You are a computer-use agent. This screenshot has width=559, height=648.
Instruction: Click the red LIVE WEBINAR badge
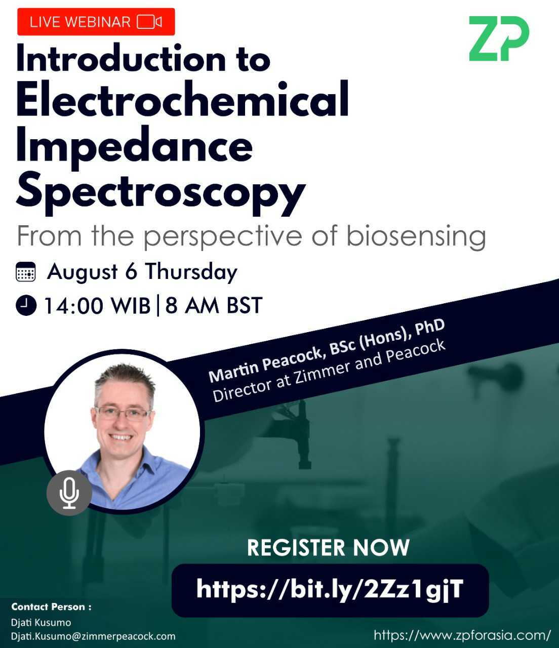click(x=96, y=22)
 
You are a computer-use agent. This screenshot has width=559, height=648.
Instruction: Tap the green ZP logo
click(x=498, y=38)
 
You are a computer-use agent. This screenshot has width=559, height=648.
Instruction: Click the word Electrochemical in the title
click(x=182, y=99)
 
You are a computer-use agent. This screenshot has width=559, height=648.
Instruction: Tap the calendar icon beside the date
click(x=26, y=272)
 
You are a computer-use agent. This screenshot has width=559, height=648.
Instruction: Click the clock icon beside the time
click(x=26, y=305)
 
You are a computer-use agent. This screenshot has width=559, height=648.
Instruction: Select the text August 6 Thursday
click(x=142, y=272)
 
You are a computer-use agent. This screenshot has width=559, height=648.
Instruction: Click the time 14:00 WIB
click(x=97, y=306)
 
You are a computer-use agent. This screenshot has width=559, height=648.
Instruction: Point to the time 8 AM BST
click(x=214, y=306)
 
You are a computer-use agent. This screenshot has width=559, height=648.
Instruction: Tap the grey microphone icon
click(x=69, y=493)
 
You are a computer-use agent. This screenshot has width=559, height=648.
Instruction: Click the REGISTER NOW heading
click(x=328, y=548)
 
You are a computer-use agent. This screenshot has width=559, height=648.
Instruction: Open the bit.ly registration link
click(x=330, y=589)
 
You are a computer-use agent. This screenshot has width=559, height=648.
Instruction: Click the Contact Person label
click(x=51, y=606)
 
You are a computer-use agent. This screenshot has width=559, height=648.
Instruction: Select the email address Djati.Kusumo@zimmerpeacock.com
click(x=93, y=636)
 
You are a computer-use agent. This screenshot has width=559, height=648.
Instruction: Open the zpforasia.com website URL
click(x=462, y=635)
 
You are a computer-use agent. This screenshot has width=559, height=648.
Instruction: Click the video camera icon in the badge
click(x=149, y=22)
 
